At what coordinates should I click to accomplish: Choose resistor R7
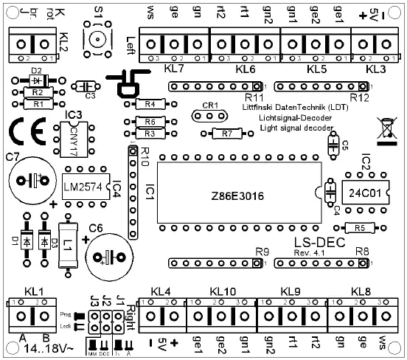click(226, 134)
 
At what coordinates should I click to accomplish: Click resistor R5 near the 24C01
click(359, 228)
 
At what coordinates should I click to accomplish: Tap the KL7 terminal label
click(173, 68)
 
